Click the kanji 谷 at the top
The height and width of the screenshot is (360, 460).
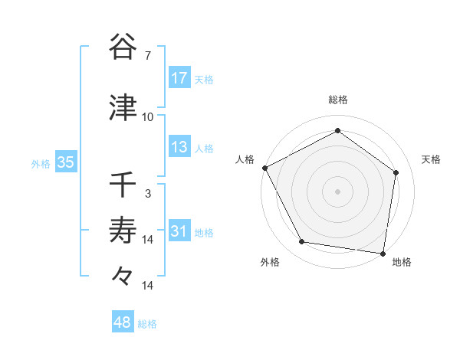(123, 47)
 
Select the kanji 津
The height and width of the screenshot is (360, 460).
(123, 108)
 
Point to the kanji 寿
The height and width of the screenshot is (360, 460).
(123, 230)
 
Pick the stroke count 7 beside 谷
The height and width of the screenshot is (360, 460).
(147, 56)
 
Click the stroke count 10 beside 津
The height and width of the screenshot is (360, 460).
(147, 117)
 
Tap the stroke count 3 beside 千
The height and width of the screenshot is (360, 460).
(147, 194)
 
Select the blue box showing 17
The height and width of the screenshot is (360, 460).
(179, 77)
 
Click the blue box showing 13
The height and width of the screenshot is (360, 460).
(179, 147)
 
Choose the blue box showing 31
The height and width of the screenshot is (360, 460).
(179, 232)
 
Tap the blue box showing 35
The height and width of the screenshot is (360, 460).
(65, 162)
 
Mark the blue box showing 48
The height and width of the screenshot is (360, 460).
(123, 322)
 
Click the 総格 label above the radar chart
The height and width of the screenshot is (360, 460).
(338, 100)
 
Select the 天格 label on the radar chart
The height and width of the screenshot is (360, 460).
(432, 159)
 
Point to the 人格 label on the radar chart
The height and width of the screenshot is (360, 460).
(245, 159)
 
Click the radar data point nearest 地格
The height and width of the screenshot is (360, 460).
(383, 253)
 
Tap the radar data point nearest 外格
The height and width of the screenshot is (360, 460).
(302, 242)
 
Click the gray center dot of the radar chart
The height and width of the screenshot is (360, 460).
(338, 191)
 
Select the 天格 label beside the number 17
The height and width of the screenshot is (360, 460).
(204, 79)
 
